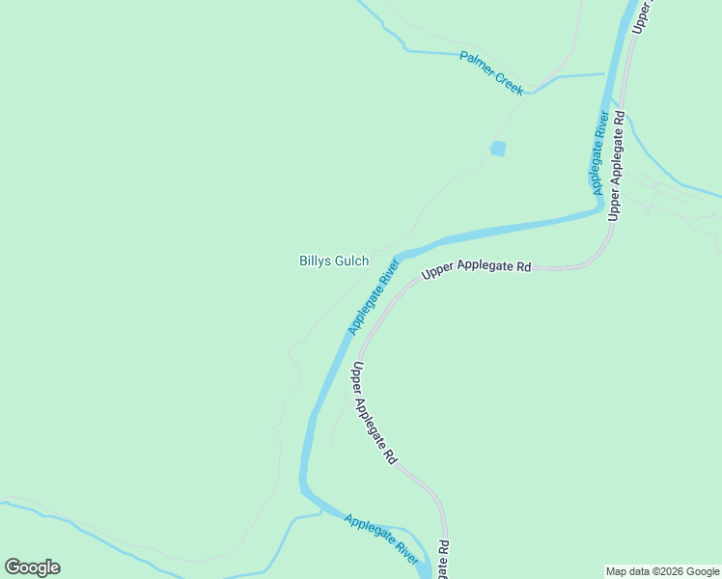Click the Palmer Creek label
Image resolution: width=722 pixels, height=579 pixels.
point(491,72)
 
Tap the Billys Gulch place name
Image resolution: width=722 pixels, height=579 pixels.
point(334,261)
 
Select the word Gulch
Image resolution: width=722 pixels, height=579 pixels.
point(351,261)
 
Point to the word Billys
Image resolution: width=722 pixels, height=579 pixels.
point(316,261)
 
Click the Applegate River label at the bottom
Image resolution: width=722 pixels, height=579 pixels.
point(381,538)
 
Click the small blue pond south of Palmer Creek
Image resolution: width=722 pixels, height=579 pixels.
point(497,149)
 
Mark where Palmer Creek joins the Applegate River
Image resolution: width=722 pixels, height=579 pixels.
point(605,74)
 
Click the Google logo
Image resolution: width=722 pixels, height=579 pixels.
point(32,567)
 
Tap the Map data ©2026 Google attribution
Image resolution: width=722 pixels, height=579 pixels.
point(663,571)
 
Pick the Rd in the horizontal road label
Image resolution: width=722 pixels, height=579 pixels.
point(524,266)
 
